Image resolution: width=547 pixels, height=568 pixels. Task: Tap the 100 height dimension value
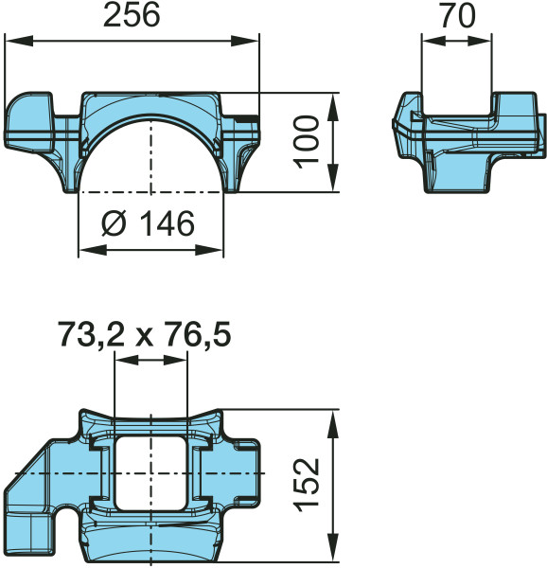point(304,142)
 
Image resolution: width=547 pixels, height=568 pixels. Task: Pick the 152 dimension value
point(305,485)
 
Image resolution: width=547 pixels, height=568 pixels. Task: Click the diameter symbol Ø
point(112,224)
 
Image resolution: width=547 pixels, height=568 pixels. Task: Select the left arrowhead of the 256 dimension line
point(14,41)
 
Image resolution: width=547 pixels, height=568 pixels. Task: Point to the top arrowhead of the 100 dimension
point(333,99)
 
